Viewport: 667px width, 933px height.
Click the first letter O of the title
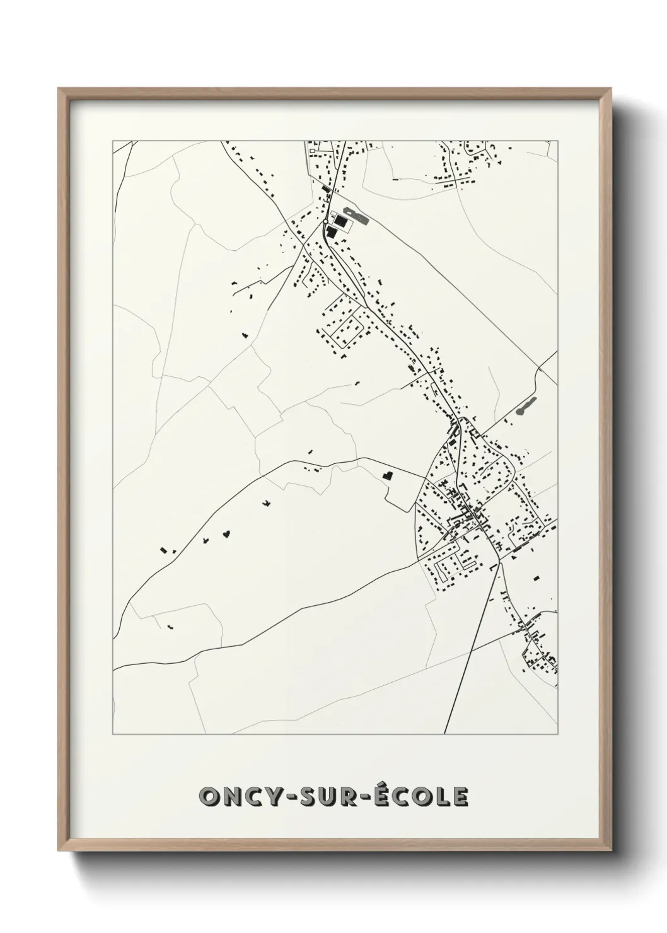[x=209, y=797]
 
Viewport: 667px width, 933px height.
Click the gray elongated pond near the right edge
[x=525, y=406]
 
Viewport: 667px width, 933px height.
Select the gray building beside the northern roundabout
[x=355, y=217]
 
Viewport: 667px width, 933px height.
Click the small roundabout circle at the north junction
[x=325, y=222]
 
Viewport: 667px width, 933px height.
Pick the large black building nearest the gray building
[x=340, y=221]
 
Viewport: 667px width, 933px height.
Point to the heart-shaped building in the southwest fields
[x=225, y=535]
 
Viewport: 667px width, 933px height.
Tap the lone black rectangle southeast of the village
[x=536, y=577]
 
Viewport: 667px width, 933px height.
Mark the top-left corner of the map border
[x=113, y=141]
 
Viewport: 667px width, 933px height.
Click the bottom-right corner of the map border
[x=558, y=734]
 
